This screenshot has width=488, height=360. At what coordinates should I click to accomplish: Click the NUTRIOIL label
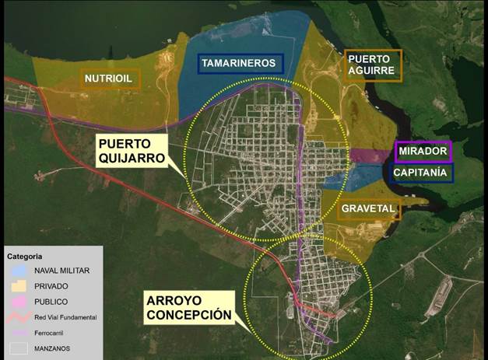pos(109,79)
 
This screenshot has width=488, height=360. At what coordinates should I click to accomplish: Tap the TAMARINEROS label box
pos(240,62)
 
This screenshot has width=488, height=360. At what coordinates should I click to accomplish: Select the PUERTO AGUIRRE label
pos(371,65)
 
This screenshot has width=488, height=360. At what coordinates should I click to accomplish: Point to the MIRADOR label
pos(423,151)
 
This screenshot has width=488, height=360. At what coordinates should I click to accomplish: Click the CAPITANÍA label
pos(420,173)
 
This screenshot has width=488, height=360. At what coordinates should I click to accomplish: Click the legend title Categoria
pos(25,256)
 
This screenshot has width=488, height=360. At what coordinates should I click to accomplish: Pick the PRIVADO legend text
pos(51,286)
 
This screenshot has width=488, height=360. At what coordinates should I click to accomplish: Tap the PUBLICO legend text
pos(51,302)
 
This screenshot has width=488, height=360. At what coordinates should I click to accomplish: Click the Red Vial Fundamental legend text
pos(65,317)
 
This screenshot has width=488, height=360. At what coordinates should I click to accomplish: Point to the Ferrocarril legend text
pos(50,332)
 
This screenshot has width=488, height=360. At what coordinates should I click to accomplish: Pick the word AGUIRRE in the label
pos(371,71)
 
